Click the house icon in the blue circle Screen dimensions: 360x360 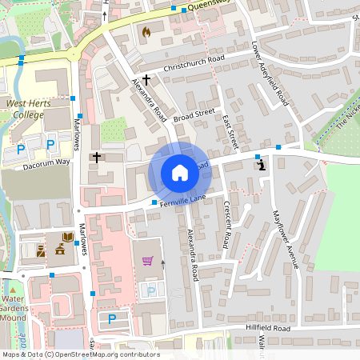coord(180,172)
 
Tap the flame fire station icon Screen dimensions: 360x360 coord(146,32)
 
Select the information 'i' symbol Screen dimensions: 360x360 coord(264,165)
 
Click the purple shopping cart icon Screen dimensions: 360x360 coord(147,261)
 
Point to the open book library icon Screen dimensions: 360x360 coord(67,238)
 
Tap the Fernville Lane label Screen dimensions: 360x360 coord(183,201)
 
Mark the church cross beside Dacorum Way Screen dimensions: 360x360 coord(96,157)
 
